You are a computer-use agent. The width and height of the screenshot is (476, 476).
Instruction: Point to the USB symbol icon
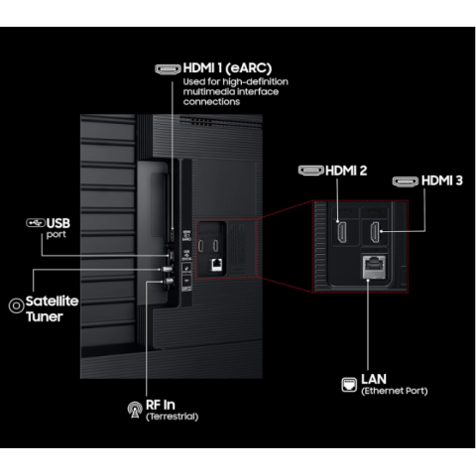[x=35, y=223]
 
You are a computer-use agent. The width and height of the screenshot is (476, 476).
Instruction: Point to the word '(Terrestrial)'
[x=172, y=416]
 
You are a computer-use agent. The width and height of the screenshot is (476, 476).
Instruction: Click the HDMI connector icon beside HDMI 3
[x=404, y=181]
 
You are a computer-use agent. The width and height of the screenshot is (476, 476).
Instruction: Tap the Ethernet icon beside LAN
[x=348, y=383]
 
